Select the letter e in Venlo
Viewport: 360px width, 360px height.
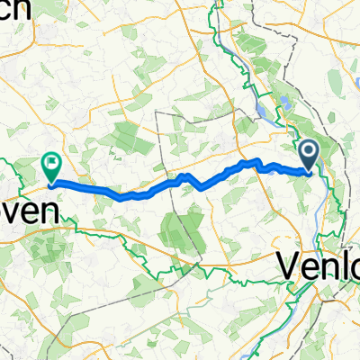(307, 269)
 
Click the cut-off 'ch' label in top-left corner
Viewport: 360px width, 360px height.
(13, 7)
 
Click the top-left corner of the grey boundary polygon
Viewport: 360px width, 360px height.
(157, 112)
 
